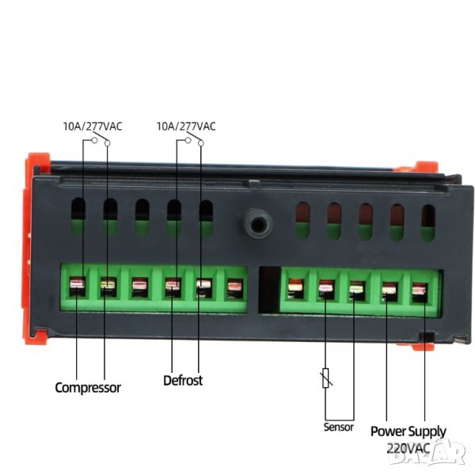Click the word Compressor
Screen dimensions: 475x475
[x=88, y=388]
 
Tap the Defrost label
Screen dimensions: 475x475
[x=183, y=381]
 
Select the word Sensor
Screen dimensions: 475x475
[x=338, y=427]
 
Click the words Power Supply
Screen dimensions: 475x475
[x=408, y=431]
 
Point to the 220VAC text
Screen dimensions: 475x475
[x=408, y=448]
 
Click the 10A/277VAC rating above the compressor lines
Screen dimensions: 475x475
[x=93, y=126]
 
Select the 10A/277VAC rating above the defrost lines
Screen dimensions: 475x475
[x=186, y=126]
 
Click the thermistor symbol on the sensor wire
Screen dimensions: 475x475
[x=326, y=378]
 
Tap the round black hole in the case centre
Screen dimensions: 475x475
[x=258, y=224]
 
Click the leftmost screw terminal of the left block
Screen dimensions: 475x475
[x=78, y=287]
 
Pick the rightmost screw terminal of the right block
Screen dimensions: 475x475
[x=420, y=293]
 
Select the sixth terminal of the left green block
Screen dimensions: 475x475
[x=235, y=289]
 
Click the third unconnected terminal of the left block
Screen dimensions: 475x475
[x=235, y=289]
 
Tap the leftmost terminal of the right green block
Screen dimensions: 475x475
[x=295, y=289]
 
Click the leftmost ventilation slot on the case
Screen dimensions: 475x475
[x=78, y=216]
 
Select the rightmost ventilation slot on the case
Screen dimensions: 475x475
[x=428, y=223]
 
